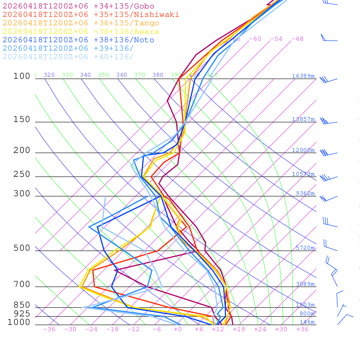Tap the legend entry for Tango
(x=81, y=23)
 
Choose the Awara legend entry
(x=81, y=32)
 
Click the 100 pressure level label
(x=22, y=76)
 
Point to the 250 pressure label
(x=22, y=174)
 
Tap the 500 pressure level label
(x=22, y=248)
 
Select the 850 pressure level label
(x=22, y=305)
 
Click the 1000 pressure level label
(x=19, y=322)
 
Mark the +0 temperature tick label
(x=178, y=329)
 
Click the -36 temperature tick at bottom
(x=49, y=329)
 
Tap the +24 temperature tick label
(x=260, y=329)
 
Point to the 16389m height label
(x=303, y=76)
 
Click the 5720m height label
(x=305, y=248)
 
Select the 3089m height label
(x=305, y=284)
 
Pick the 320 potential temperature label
(x=49, y=75)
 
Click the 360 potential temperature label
(x=122, y=75)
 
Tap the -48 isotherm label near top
(x=297, y=39)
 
